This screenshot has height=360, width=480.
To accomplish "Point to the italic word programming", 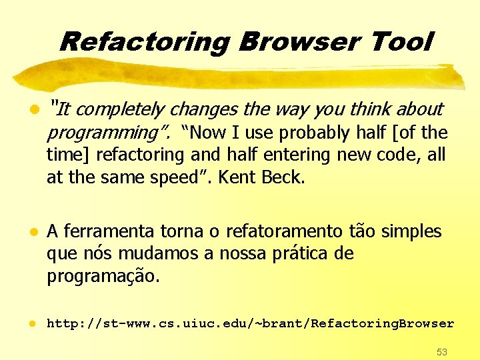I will [x=103, y=133].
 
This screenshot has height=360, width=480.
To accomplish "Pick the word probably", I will [x=315, y=133].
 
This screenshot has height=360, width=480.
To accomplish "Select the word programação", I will [x=102, y=277].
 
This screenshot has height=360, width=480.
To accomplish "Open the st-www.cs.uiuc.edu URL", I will [x=250, y=323].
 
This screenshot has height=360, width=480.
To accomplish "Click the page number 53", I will [x=441, y=351].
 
